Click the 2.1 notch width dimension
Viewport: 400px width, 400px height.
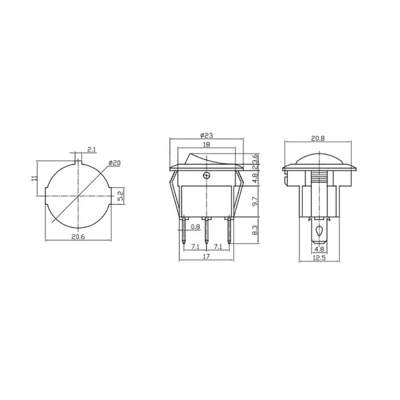[91, 150]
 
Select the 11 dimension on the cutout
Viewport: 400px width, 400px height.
[34, 178]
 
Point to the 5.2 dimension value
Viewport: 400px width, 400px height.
[120, 196]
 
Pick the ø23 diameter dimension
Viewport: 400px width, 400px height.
[207, 135]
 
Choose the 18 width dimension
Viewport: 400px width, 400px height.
[206, 146]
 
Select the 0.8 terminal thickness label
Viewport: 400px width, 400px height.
[196, 227]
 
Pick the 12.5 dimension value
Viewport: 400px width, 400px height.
[319, 258]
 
